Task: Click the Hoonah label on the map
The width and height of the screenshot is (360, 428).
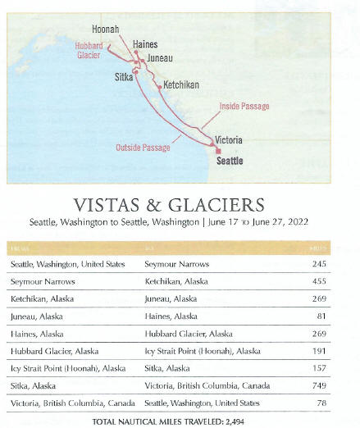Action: [106, 30]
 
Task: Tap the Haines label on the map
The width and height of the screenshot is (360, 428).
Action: [145, 44]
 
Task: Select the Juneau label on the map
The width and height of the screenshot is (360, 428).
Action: [160, 59]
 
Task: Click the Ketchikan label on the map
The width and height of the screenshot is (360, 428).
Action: [181, 85]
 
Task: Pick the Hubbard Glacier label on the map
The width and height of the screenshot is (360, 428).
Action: [88, 51]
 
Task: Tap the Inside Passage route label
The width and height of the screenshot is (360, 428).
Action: [244, 107]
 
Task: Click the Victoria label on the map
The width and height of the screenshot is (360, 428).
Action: [227, 140]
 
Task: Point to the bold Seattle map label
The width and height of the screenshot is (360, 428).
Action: [230, 161]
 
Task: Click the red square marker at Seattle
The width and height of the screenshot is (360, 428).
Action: [218, 151]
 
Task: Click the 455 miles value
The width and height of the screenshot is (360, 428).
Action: [318, 281]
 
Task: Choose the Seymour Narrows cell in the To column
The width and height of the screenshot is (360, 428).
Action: [175, 264]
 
